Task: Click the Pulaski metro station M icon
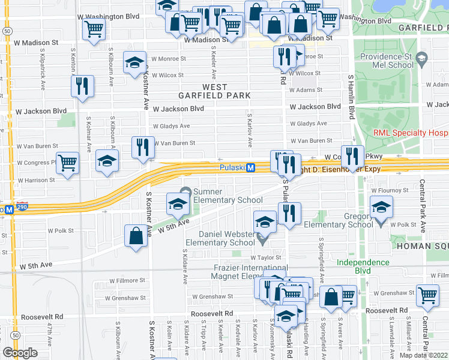251,168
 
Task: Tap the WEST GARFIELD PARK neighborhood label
214,91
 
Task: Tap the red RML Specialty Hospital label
410,133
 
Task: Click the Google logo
20,353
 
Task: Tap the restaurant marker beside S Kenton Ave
82,86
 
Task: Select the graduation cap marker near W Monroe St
134,62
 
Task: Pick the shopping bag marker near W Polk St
136,235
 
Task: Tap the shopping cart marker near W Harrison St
68,162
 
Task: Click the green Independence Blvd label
363,266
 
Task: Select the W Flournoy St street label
390,190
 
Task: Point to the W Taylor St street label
266,257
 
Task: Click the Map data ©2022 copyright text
423,355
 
